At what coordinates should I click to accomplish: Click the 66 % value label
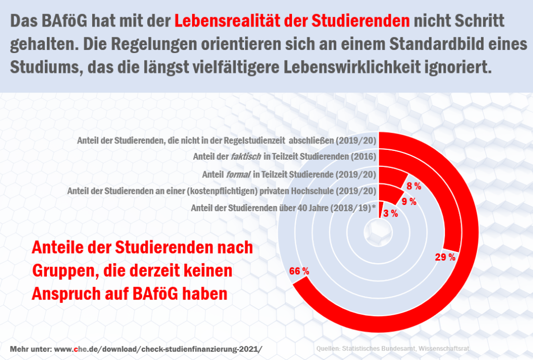[299, 271]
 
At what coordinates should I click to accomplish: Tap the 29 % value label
[446, 257]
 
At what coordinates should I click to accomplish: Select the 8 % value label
[414, 186]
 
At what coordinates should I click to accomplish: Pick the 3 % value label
[390, 213]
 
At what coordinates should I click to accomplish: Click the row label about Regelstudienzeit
[226, 140]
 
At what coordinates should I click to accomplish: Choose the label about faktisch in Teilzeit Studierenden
[284, 157]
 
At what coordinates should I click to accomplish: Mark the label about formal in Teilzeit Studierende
[288, 174]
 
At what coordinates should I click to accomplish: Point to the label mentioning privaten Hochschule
[221, 191]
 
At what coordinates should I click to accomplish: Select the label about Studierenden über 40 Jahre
[284, 208]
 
